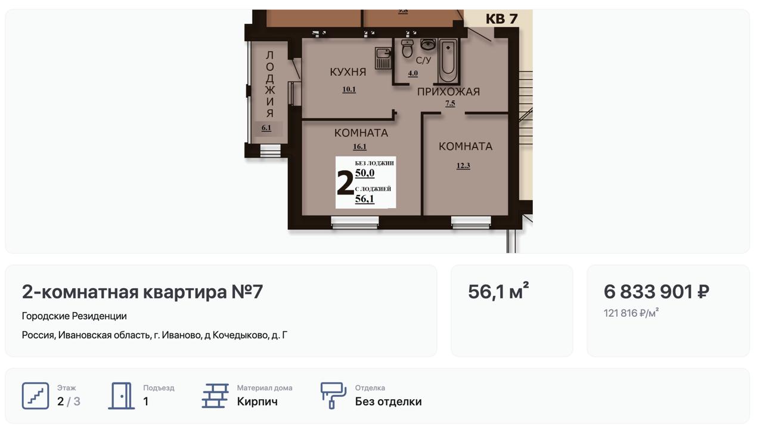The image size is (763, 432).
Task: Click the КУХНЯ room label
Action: coord(348,72)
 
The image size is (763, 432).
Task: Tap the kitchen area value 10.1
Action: coord(349,90)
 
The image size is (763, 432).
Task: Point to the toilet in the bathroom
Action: coord(407,48)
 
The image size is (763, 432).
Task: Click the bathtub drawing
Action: coord(448,61)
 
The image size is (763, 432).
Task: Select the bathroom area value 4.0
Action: coord(413,73)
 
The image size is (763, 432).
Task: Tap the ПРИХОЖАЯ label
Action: coord(449,92)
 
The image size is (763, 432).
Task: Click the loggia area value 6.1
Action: coord(266,128)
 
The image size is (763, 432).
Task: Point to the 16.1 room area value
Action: coord(359,147)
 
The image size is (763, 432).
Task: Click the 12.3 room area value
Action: coord(463,166)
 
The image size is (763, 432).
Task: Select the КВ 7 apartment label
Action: coord(502,18)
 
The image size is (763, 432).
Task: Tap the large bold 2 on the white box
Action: coord(345,183)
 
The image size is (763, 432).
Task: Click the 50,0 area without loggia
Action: coord(365,173)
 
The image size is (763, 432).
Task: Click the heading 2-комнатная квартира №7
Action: coord(142,292)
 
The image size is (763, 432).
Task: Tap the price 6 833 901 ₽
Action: coord(656,292)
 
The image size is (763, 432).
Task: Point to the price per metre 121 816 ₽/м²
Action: coord(631,313)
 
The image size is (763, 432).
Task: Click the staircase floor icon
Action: coord(35,396)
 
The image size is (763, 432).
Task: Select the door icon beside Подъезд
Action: coord(121,396)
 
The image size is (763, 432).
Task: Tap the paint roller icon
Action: coord(333,396)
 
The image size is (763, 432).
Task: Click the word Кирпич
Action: coord(257,402)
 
